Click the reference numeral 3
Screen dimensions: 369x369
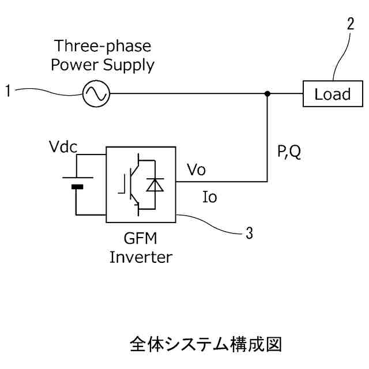[249, 233]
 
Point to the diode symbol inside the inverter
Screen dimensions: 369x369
[154, 184]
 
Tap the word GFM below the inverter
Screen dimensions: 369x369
[140, 238]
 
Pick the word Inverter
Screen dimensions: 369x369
[140, 257]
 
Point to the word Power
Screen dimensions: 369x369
[74, 65]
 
